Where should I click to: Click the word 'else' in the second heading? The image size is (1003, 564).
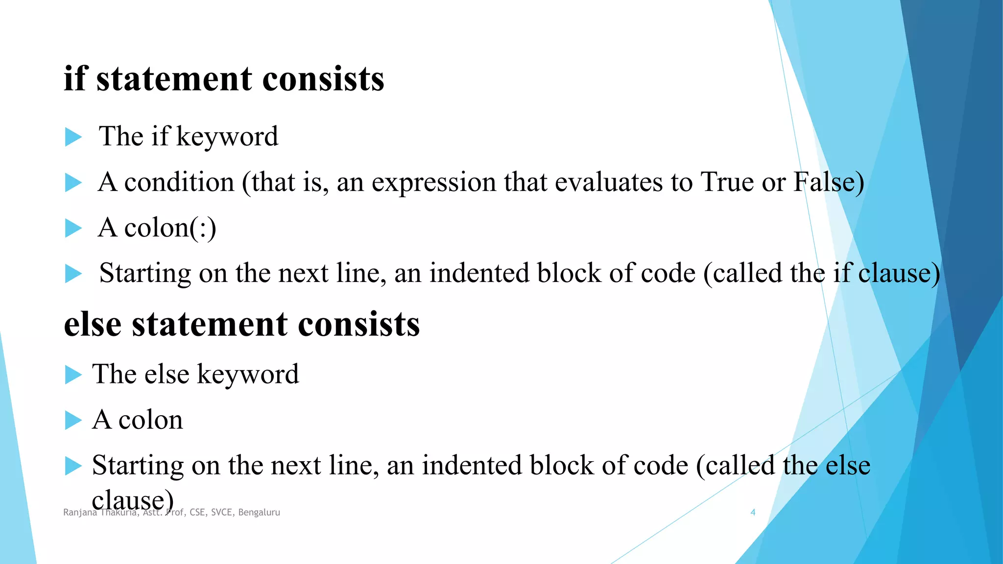[x=93, y=324]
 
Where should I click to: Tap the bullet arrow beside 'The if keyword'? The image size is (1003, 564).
[x=73, y=137]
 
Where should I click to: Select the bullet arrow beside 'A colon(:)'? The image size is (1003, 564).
[x=73, y=229]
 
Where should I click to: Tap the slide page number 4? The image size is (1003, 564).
[x=753, y=512]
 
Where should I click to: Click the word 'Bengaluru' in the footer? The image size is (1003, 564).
[x=259, y=513]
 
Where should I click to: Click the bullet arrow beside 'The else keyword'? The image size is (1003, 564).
[x=73, y=375]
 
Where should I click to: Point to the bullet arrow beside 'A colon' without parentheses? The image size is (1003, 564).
[x=73, y=421]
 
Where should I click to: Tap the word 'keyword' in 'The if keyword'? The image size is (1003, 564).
[x=227, y=137]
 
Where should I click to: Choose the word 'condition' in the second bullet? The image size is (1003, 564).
[x=179, y=182]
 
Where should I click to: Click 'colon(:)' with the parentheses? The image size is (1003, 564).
[x=170, y=228]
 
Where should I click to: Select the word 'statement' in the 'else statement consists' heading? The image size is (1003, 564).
[x=210, y=324]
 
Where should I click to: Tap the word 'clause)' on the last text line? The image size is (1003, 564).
[x=133, y=500]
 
